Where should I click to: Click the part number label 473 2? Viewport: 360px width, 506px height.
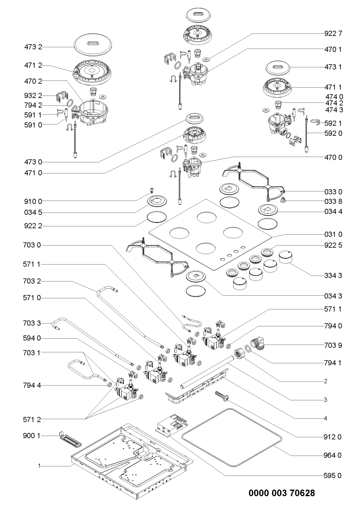[x=33, y=47]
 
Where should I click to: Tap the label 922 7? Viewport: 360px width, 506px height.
[x=333, y=34]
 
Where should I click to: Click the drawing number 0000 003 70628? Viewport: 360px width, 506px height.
[x=282, y=493]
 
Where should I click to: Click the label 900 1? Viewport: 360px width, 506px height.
[x=32, y=436]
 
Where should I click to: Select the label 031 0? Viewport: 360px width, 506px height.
[x=333, y=234]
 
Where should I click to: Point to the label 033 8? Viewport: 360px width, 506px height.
[x=333, y=201]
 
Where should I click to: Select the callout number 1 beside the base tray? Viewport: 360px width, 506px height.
[x=39, y=465]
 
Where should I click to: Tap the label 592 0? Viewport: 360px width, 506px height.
[x=333, y=133]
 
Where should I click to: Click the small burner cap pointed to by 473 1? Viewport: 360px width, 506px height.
[x=278, y=68]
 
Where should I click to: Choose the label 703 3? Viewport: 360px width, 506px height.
[x=32, y=323]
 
